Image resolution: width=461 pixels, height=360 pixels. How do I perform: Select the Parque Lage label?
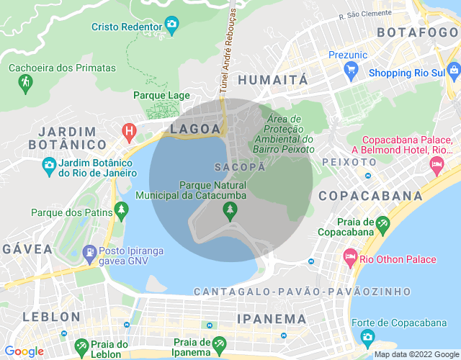161,95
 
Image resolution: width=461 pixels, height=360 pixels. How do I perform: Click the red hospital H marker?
129,131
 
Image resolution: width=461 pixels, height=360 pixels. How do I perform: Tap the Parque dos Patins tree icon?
121,211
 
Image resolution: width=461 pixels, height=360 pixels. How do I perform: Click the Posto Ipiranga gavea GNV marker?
89,253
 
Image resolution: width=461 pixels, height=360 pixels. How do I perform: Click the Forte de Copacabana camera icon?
367,336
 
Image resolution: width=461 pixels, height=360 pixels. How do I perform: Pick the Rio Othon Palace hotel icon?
350,256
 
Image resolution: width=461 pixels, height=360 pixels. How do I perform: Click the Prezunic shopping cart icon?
352,70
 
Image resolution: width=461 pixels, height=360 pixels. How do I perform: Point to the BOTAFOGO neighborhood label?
417,33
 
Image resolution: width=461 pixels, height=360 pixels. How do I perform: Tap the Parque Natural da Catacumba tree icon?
230,210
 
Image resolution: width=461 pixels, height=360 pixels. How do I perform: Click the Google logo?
24,351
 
